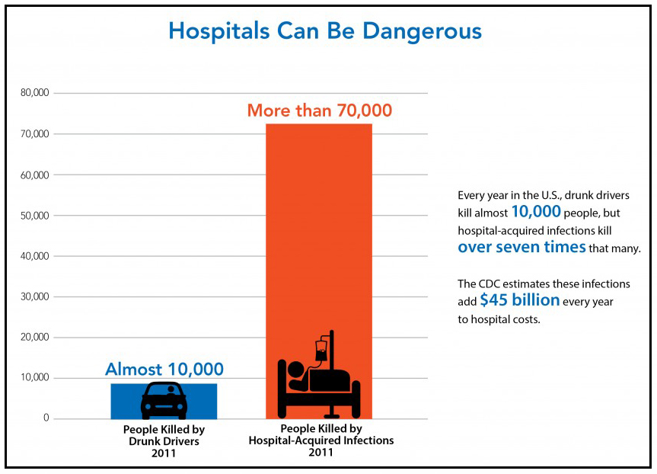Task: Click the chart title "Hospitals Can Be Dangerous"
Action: pyautogui.click(x=325, y=32)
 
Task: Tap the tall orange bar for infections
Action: pyautogui.click(x=319, y=229)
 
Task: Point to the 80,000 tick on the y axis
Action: pyautogui.click(x=37, y=94)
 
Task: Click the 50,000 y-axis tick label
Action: pyautogui.click(x=37, y=216)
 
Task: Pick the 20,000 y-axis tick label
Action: pyautogui.click(x=37, y=338)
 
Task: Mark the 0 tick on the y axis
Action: pyautogui.click(x=46, y=418)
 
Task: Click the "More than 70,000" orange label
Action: pyautogui.click(x=320, y=111)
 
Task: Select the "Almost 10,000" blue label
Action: pyautogui.click(x=164, y=370)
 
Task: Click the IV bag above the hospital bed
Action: pyautogui.click(x=322, y=351)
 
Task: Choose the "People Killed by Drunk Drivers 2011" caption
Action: pyautogui.click(x=164, y=441)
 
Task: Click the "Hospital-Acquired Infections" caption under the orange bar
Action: pyautogui.click(x=321, y=440)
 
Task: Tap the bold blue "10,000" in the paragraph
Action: pyautogui.click(x=536, y=211)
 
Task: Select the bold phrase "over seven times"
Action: pyautogui.click(x=521, y=247)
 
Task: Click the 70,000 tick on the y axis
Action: pyautogui.click(x=37, y=134)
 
